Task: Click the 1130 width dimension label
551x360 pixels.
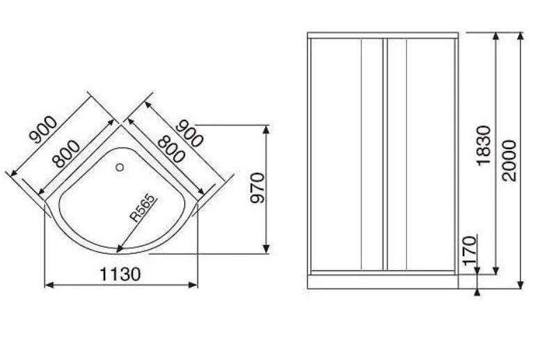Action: tap(120, 274)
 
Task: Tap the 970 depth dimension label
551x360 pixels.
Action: tap(257, 188)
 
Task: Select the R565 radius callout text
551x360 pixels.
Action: tap(143, 208)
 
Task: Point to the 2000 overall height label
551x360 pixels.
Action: tap(509, 161)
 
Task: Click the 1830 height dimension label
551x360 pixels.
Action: tap(484, 146)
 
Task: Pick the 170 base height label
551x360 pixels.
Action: tap(469, 251)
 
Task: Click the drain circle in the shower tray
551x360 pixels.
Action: tap(120, 167)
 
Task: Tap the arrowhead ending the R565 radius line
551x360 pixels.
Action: tap(119, 249)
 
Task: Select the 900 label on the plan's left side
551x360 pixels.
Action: tap(43, 130)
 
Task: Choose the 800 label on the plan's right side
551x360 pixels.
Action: tap(171, 150)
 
